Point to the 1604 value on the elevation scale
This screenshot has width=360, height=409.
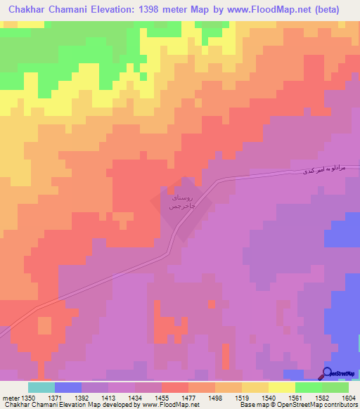pyautogui.click(x=349, y=397)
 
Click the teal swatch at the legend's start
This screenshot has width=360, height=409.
pyautogui.click(x=41, y=387)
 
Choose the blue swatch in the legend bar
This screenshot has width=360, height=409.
pyautogui.click(x=68, y=387)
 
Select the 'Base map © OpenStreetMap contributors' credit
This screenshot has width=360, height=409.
pyautogui.click(x=297, y=405)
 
